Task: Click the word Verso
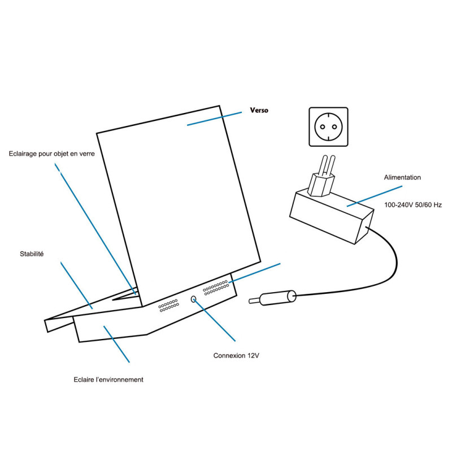tap(259, 111)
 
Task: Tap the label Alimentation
tap(402, 177)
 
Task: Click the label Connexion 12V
tap(237, 356)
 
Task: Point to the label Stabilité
tap(32, 254)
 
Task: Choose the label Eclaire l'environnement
tap(108, 380)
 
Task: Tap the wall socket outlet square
tap(328, 127)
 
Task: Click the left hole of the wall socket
tap(321, 127)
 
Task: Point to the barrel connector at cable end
tap(277, 298)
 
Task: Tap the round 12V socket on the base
tap(194, 299)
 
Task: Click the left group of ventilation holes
tap(168, 306)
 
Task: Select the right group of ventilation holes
tap(215, 288)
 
